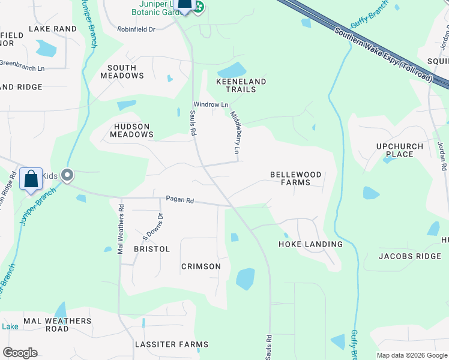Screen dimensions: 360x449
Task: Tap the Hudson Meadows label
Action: point(131,130)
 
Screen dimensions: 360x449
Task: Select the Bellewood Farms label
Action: point(295,178)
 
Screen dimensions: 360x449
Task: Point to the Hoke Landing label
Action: point(310,244)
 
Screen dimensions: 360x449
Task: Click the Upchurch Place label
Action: point(400,150)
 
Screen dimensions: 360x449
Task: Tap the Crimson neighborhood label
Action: point(201,266)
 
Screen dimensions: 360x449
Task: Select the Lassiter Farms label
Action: point(172,344)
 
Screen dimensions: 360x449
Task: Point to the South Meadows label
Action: point(122,72)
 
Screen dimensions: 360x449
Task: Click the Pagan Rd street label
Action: point(180,199)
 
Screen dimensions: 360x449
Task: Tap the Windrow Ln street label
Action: point(210,105)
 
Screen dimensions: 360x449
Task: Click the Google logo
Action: point(20,353)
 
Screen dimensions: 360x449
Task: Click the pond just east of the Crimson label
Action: point(245,279)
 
